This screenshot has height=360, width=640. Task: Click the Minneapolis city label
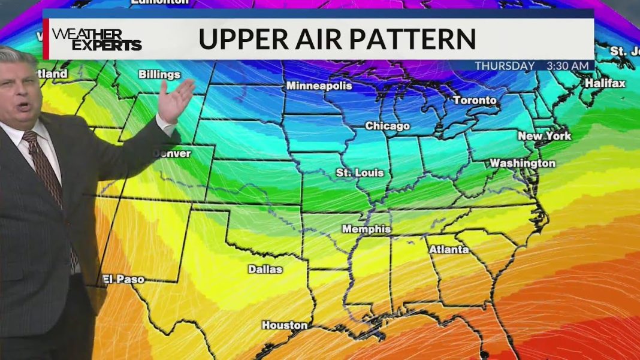click(319, 86)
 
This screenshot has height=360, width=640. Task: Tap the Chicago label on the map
click(388, 126)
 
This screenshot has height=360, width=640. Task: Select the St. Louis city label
click(360, 173)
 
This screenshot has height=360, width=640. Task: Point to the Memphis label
click(366, 229)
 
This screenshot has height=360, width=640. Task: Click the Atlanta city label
click(449, 249)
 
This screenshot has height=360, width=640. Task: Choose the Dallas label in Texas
click(265, 269)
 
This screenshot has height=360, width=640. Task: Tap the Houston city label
click(285, 325)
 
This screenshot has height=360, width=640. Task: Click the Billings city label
click(159, 75)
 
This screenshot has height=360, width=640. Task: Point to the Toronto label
click(475, 100)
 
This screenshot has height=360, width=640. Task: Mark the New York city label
click(545, 136)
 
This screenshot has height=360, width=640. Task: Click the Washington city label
click(523, 163)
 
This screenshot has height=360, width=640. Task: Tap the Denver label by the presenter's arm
click(173, 153)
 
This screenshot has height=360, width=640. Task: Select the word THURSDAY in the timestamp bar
click(505, 66)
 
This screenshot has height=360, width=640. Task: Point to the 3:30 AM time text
click(568, 66)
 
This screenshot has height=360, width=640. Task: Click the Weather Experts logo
click(96, 39)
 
